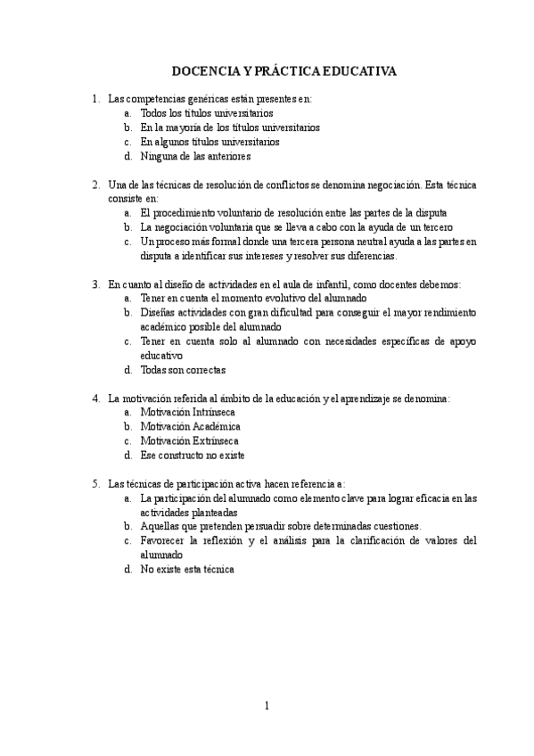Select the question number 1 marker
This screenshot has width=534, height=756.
(95, 99)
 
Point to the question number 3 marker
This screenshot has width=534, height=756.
(95, 283)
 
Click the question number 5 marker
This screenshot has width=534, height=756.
(95, 482)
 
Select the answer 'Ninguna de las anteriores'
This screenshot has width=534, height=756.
(194, 156)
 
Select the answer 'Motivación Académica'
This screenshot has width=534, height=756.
(190, 426)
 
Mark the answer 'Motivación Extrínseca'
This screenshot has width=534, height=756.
(189, 440)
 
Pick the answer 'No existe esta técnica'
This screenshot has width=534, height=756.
(186, 568)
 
